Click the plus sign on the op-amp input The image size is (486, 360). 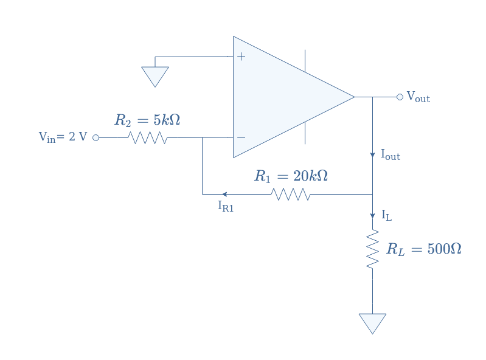(x=241, y=57)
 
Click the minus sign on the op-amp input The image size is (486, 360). (x=241, y=137)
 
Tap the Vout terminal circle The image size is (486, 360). (x=400, y=97)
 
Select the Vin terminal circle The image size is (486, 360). (x=95, y=137)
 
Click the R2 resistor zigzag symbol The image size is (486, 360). (x=148, y=137)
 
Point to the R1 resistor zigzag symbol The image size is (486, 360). (x=291, y=194)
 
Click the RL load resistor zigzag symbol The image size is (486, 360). (x=372, y=249)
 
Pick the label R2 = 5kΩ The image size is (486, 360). (x=147, y=120)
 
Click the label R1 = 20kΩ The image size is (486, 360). (x=291, y=176)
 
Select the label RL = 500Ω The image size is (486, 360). (x=424, y=249)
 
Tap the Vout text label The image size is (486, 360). (x=418, y=97)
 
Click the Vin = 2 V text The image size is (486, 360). (x=63, y=137)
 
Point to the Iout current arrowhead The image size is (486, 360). (x=372, y=155)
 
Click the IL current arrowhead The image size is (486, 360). (x=372, y=216)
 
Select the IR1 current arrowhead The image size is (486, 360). (x=224, y=194)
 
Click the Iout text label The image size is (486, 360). (x=391, y=154)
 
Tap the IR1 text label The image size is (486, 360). (x=226, y=206)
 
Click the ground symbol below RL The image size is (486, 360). (x=372, y=324)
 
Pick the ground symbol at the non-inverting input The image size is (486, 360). (x=155, y=77)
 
